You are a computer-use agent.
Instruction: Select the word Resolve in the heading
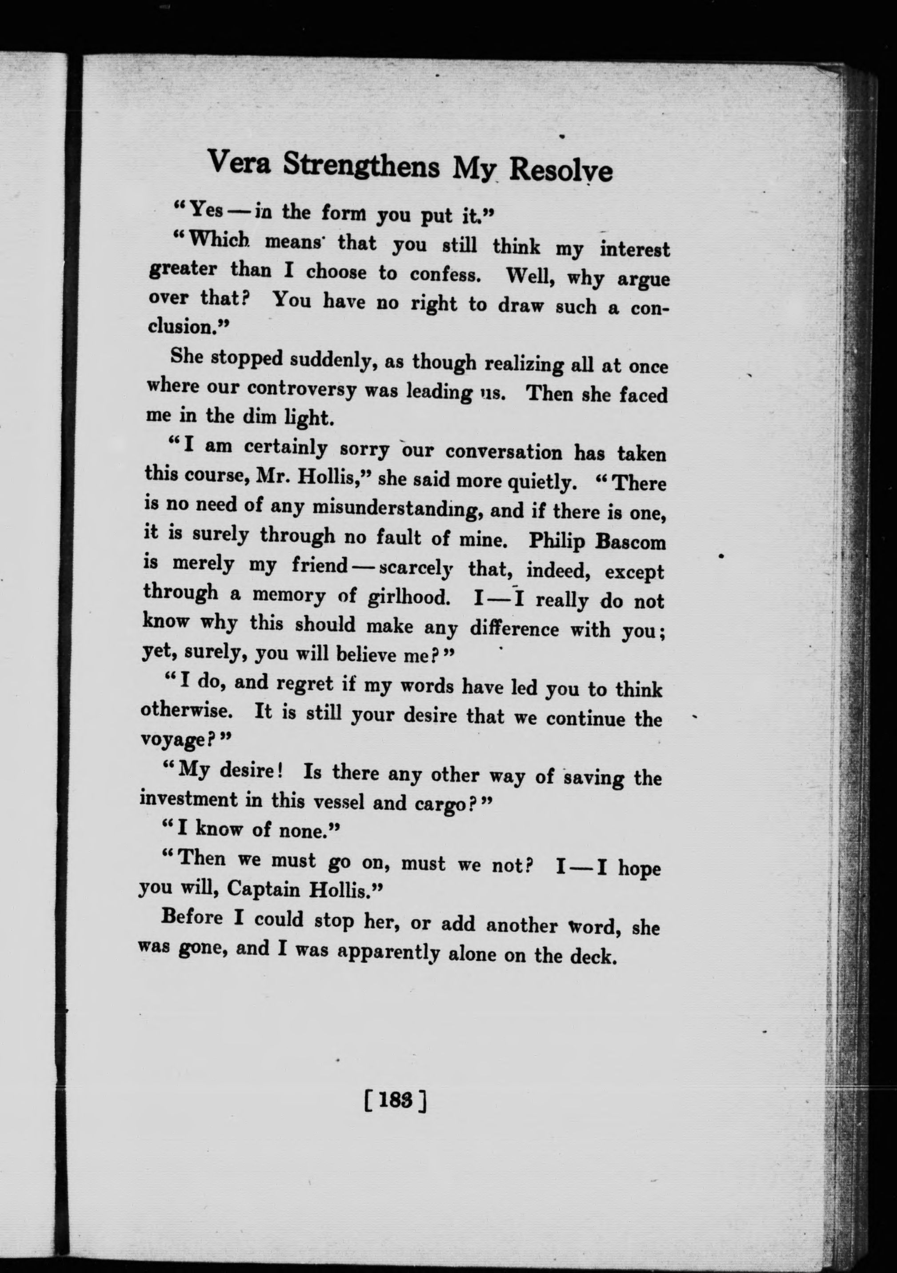click(561, 170)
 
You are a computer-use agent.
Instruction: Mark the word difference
click(514, 629)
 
